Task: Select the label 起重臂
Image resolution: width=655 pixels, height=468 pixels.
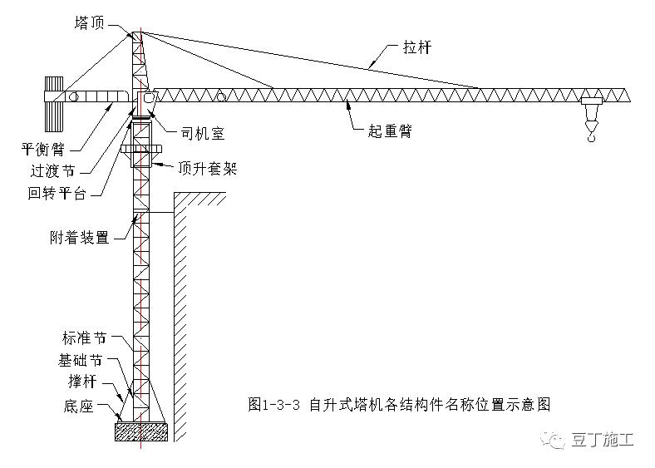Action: point(390,131)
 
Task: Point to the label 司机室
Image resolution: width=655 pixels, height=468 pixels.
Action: point(203,132)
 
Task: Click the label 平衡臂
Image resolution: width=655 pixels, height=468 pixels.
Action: point(44,150)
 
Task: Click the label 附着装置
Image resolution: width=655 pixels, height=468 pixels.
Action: point(79,238)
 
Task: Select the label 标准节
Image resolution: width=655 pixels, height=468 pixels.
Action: point(84,339)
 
